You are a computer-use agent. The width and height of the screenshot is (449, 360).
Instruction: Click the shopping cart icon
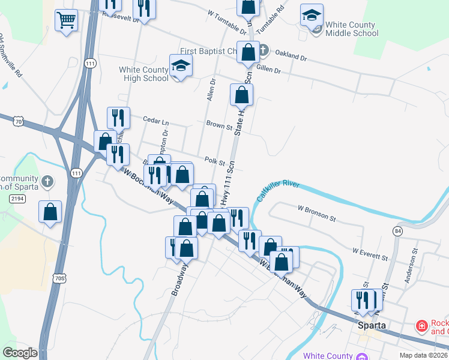tap(66, 21)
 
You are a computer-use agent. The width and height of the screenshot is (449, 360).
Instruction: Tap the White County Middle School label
tap(351, 29)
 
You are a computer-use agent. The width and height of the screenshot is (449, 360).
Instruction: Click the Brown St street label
tap(219, 127)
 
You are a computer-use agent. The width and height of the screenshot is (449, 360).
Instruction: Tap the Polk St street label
tap(214, 161)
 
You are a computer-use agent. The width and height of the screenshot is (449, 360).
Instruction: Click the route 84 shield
tap(398, 230)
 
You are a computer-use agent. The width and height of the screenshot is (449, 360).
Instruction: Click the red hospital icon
tap(423, 326)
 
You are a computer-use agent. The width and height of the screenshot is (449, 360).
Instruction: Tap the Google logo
tap(20, 353)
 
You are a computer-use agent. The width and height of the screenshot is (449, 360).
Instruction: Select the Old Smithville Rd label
tap(11, 60)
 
